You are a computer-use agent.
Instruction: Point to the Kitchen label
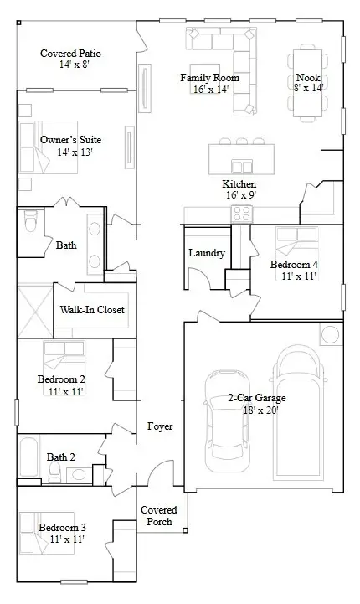click(x=239, y=184)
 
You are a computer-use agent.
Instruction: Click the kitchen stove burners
click(x=241, y=214)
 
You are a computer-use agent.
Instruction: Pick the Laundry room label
click(x=206, y=253)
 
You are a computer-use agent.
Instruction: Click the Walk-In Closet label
click(x=92, y=310)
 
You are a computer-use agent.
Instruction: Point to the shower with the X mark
click(x=34, y=311)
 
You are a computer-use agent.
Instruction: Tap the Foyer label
click(x=160, y=426)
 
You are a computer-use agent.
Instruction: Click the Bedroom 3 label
click(x=62, y=527)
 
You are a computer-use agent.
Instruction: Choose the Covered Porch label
click(x=158, y=515)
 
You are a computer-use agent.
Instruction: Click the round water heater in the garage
click(x=330, y=336)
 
